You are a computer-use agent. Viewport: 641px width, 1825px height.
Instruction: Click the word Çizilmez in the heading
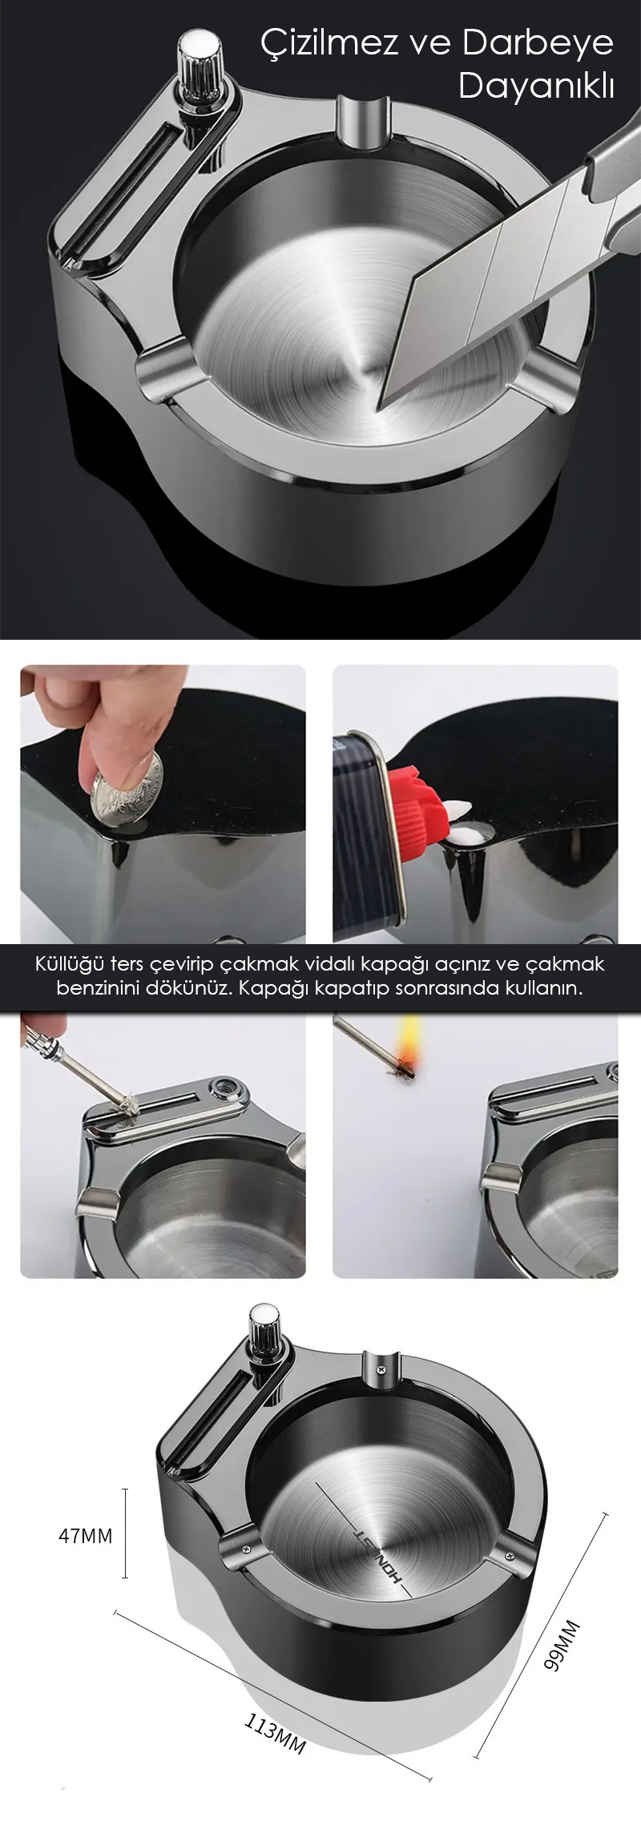[x=329, y=46]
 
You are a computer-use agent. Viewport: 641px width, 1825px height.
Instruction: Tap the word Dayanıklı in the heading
[x=536, y=86]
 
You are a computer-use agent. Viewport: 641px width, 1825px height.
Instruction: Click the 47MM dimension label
[x=86, y=1535]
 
